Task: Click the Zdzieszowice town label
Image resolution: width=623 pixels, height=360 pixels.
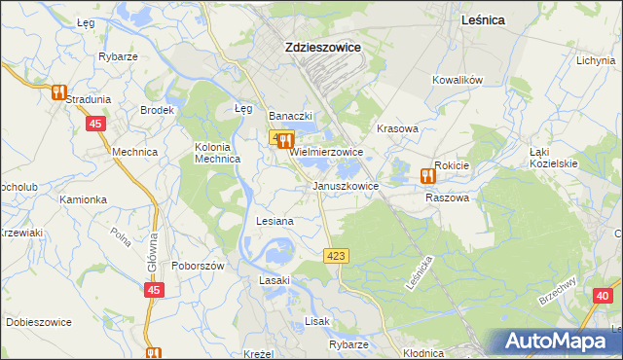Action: coord(321,46)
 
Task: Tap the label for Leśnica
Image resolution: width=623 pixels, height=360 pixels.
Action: coord(487,20)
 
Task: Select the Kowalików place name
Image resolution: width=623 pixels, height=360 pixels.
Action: coord(458,81)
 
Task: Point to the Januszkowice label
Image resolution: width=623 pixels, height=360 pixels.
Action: coord(346,185)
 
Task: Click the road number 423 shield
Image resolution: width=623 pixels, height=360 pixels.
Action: coord(335,255)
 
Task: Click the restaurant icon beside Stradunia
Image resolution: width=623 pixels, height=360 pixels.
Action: coord(57,92)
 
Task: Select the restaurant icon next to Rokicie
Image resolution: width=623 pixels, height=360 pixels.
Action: coord(426,175)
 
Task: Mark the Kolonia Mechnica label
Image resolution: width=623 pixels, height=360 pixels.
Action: coord(217,153)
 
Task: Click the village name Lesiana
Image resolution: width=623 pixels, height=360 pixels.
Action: coord(275,222)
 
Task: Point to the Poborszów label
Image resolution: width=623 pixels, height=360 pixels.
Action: coord(199,266)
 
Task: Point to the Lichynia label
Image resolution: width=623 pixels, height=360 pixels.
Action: coord(595,60)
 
